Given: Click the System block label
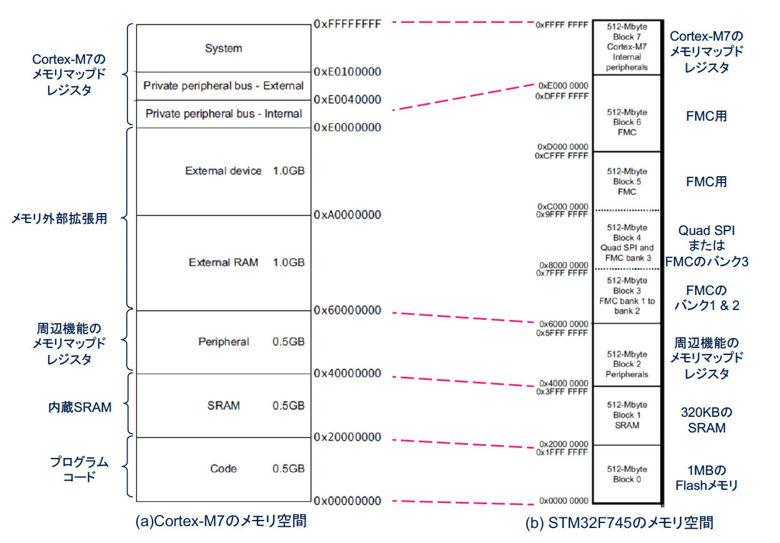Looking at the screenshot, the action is pyautogui.click(x=223, y=48).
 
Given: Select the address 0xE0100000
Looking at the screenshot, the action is pyautogui.click(x=347, y=72).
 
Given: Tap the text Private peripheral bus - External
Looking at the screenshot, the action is pyautogui.click(x=223, y=86).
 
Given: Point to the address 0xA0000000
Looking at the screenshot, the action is pyautogui.click(x=347, y=215).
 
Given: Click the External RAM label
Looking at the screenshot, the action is pyautogui.click(x=223, y=262).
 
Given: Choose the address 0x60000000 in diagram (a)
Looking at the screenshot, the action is pyautogui.click(x=347, y=310).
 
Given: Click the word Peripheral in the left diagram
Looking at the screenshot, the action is pyautogui.click(x=224, y=342).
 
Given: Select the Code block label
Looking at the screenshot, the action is pyautogui.click(x=223, y=469).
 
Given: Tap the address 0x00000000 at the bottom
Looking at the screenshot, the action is pyautogui.click(x=347, y=501).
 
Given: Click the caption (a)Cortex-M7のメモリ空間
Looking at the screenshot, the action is pyautogui.click(x=221, y=521).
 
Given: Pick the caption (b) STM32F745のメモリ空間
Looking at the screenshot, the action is pyautogui.click(x=619, y=523).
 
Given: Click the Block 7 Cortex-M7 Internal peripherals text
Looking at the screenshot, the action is pyautogui.click(x=627, y=47).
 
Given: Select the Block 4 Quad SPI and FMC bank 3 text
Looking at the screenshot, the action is pyautogui.click(x=627, y=242).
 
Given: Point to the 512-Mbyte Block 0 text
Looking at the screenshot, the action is pyautogui.click(x=627, y=474).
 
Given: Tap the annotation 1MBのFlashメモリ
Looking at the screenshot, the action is pyautogui.click(x=706, y=478).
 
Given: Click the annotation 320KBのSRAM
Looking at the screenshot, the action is pyautogui.click(x=706, y=420).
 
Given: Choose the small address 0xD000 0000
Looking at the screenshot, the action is pyautogui.click(x=562, y=147).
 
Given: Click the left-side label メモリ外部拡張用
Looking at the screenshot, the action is pyautogui.click(x=59, y=219).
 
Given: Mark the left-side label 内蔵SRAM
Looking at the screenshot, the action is pyautogui.click(x=80, y=407).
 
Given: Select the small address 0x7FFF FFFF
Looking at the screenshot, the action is pyautogui.click(x=562, y=273).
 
